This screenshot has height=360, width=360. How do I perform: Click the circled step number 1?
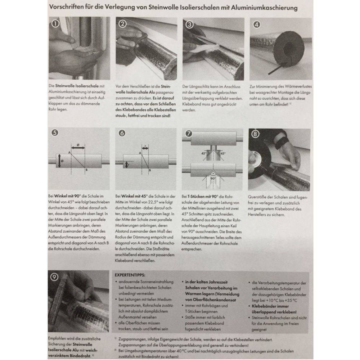(x=55, y=24)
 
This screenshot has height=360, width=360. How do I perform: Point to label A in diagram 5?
(x=69, y=153)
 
